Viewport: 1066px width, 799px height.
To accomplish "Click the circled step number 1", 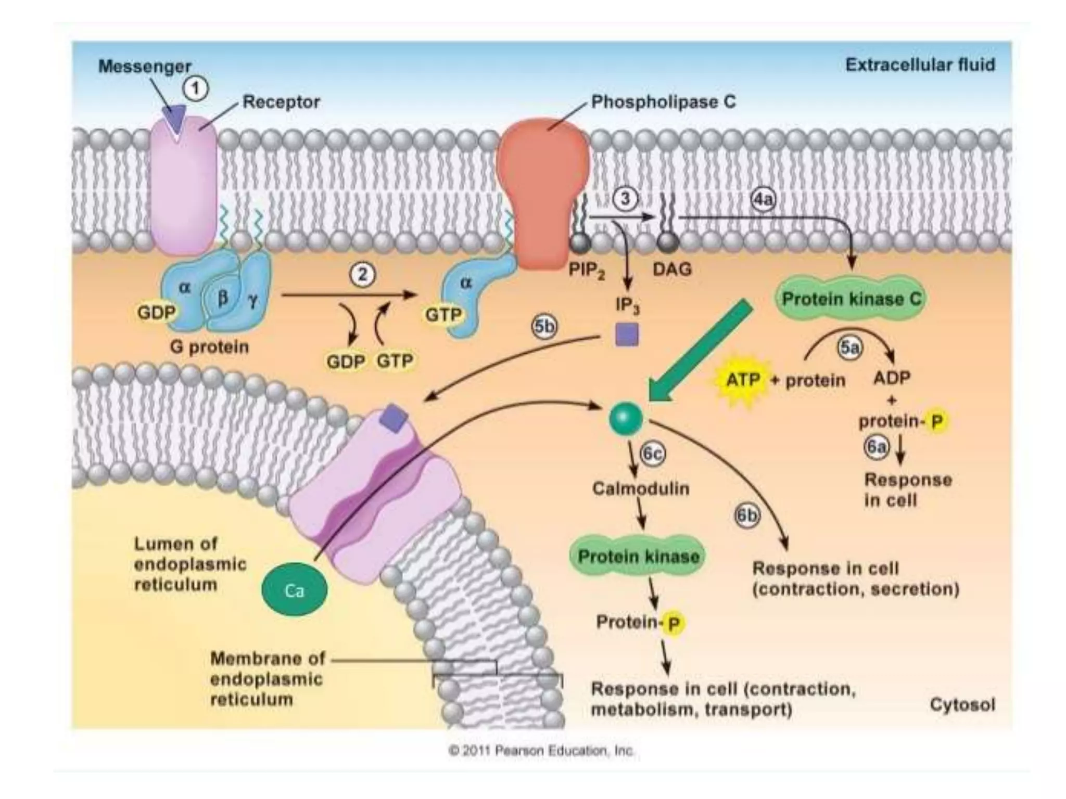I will click(x=196, y=89).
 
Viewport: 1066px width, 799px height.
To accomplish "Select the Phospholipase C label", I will click(x=664, y=101).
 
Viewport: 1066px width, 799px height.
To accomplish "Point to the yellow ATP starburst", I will click(x=743, y=380).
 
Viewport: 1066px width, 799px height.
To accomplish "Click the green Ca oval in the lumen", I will click(x=295, y=590).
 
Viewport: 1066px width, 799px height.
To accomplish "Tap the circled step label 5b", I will click(x=544, y=327).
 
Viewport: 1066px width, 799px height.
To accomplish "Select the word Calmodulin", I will click(x=641, y=489).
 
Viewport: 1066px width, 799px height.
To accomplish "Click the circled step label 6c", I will click(x=653, y=454).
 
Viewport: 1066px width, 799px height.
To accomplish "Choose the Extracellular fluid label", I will click(x=920, y=65).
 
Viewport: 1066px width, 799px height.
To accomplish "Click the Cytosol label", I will click(x=962, y=705).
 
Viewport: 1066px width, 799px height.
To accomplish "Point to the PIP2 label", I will click(x=587, y=270).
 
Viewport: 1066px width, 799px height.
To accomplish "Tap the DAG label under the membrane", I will click(x=672, y=269).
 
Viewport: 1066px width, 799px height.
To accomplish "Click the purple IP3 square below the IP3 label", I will click(x=627, y=334).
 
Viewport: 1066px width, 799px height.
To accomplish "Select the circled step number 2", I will click(x=362, y=274).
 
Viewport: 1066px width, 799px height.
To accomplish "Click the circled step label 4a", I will click(x=763, y=199).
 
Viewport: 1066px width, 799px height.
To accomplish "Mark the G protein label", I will click(x=209, y=346).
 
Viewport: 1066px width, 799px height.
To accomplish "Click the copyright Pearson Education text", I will click(x=541, y=751).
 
